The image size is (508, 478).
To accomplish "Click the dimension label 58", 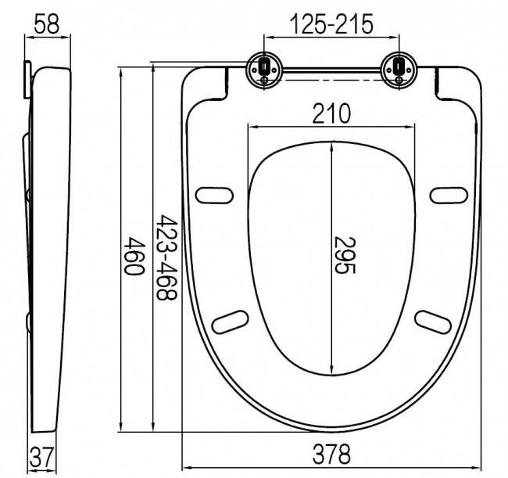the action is (47, 24).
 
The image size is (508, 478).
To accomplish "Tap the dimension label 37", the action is (41, 456).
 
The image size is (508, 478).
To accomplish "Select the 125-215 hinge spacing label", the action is (331, 24).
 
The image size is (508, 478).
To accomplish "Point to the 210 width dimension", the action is (331, 113).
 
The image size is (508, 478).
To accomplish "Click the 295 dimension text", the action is (345, 255).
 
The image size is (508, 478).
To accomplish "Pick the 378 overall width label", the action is (331, 454).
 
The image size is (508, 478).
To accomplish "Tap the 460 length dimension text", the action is (134, 256).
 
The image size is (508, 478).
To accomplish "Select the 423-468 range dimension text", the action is (166, 257).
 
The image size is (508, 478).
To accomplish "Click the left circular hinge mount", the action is (264, 70).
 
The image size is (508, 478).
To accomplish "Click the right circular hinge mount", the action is (399, 70).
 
